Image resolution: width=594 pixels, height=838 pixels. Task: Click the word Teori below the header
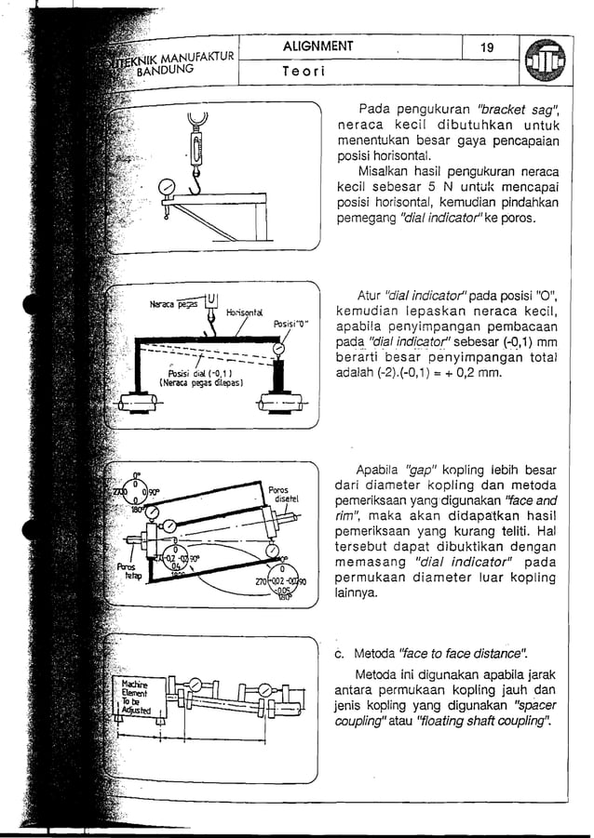pos(304,71)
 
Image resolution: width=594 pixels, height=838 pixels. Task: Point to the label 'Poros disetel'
pos(279,494)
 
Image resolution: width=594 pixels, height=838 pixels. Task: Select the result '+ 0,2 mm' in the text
pos(474,374)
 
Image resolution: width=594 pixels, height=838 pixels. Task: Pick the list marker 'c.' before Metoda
pos(340,651)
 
